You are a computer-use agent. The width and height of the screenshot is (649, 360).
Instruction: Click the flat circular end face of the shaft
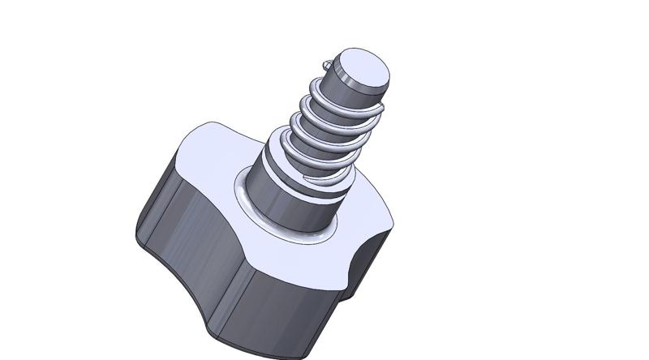click(x=363, y=69)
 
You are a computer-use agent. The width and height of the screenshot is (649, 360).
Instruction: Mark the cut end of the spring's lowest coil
click(x=304, y=174)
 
